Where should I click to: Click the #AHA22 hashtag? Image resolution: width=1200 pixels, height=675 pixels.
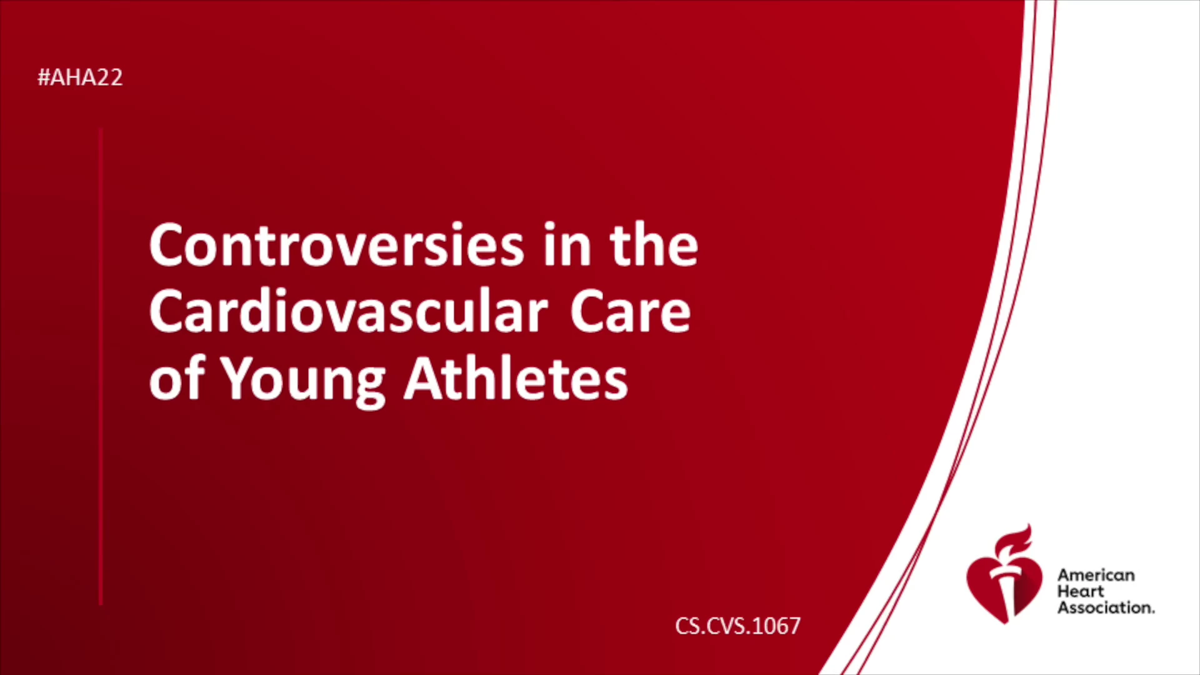click(x=80, y=77)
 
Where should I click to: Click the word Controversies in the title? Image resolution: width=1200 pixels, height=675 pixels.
click(x=337, y=245)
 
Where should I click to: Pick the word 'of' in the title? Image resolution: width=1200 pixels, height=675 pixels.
click(x=177, y=377)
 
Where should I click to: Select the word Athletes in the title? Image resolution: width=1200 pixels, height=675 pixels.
click(x=516, y=377)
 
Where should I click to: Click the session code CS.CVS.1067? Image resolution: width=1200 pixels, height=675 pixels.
click(x=737, y=626)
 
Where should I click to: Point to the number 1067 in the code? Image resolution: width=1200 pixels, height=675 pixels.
click(x=776, y=626)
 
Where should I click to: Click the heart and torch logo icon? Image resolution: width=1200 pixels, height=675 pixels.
click(x=1004, y=574)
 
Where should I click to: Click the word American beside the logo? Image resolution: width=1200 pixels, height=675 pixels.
click(x=1096, y=575)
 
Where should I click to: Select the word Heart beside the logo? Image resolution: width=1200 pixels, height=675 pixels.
click(x=1081, y=591)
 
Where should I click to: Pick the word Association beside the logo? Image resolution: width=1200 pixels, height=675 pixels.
click(x=1105, y=607)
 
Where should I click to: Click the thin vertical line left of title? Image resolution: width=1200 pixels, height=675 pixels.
click(x=101, y=366)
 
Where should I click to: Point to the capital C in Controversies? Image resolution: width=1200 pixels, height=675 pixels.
click(x=168, y=245)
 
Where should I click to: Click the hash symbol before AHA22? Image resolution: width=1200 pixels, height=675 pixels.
click(x=43, y=77)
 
